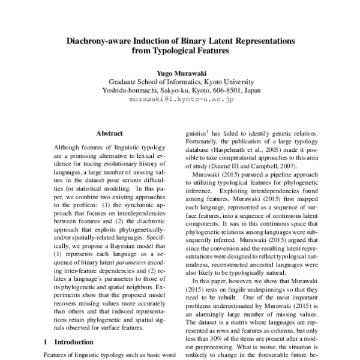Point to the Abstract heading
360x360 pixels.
coord(109,133)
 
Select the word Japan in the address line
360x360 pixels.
coord(251,91)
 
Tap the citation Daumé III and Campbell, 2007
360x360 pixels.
coord(238,164)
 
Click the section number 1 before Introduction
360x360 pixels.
coord(46,341)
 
